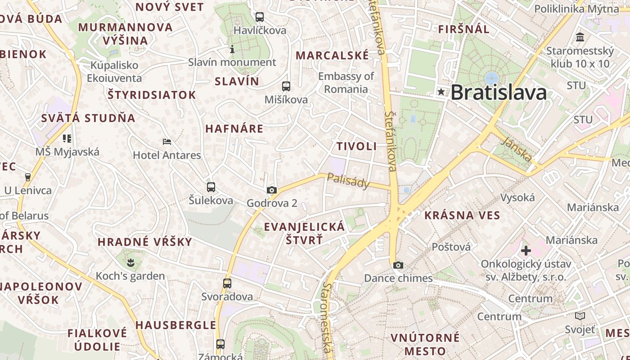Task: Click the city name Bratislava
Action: coord(499,93)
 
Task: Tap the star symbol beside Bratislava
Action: coord(441,92)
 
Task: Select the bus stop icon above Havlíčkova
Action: coord(260,18)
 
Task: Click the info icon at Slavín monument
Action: coord(232,49)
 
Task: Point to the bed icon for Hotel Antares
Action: coord(167,142)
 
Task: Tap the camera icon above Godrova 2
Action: coord(271,190)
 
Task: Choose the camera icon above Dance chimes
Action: coord(398,265)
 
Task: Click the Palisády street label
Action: coord(348,181)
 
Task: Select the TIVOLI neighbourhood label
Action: coord(356,146)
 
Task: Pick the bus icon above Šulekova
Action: coord(211,187)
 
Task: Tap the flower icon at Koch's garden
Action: coord(130,262)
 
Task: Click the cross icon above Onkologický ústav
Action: coord(526,251)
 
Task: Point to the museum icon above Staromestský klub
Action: coord(580,37)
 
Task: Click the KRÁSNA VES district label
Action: coord(462,216)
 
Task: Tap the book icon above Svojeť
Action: coord(580,316)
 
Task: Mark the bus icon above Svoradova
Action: coord(227,283)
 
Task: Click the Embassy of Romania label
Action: coord(346,82)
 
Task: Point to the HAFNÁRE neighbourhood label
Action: coord(234,129)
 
